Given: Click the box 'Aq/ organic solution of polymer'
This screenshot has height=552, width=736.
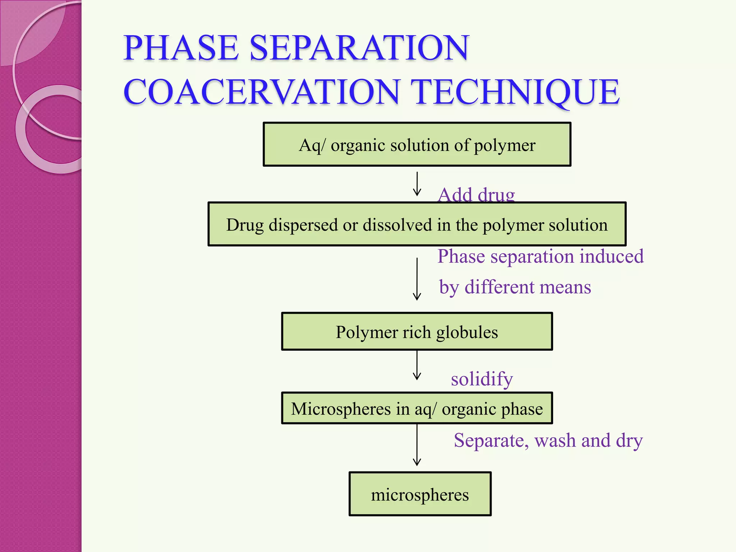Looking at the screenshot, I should click(x=417, y=144).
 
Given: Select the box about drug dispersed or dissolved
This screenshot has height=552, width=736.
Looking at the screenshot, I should click(x=417, y=224).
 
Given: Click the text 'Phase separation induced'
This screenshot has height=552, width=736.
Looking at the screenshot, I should click(x=540, y=257).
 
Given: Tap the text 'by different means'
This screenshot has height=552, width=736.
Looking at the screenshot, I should click(x=515, y=287).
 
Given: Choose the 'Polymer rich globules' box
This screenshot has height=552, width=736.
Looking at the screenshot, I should click(x=417, y=331).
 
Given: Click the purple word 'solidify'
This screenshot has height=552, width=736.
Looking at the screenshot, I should click(x=482, y=379).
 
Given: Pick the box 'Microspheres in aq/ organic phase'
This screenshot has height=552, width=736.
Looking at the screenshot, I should click(x=417, y=408).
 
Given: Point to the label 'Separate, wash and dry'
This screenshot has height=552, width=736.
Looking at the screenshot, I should click(x=548, y=441).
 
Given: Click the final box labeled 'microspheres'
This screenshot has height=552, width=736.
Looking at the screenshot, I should click(x=420, y=494).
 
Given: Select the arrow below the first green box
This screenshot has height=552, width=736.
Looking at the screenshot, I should click(x=417, y=184).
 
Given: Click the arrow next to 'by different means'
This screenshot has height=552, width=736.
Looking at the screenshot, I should click(x=417, y=279).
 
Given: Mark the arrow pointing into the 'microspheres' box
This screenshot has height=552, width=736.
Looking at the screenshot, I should click(x=417, y=446).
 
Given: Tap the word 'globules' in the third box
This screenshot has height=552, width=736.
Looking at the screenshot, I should click(x=467, y=332).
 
